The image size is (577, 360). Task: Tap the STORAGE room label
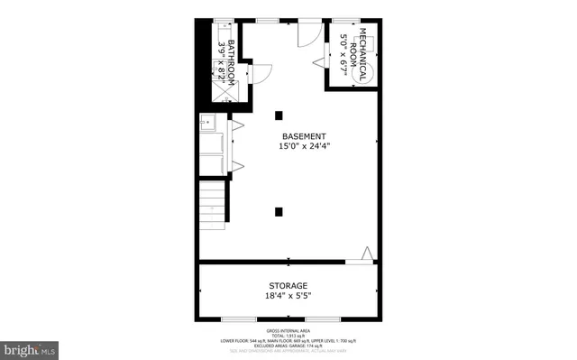pyautogui.click(x=288, y=285)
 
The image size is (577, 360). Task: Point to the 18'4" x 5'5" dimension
pyautogui.click(x=288, y=296)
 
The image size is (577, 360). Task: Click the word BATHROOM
pyautogui.click(x=231, y=62)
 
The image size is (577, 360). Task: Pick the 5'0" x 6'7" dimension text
pyautogui.click(x=343, y=53)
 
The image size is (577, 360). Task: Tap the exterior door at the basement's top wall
pyautogui.click(x=309, y=29)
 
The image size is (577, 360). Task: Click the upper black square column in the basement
pyautogui.click(x=279, y=115)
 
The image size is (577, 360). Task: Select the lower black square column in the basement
pyautogui.click(x=279, y=211)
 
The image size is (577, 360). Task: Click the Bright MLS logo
pyautogui.click(x=30, y=347)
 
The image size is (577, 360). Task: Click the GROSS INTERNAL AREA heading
pyautogui.click(x=288, y=329)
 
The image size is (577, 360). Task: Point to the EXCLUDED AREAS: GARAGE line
pyautogui.click(x=288, y=344)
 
